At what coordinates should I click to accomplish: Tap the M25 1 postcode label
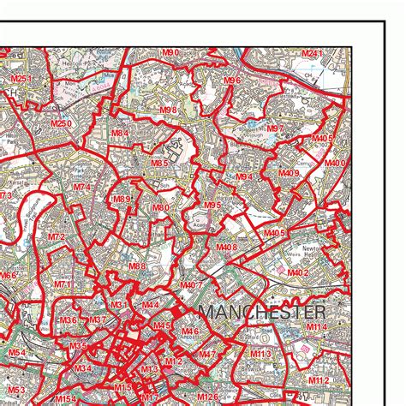coord(21,80)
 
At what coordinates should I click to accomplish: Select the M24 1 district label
coord(313,54)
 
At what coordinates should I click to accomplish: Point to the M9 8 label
coord(168,110)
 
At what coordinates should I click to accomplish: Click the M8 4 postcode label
coord(119,134)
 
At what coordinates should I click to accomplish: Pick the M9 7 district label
coord(276,128)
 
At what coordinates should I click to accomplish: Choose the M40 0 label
coord(335,163)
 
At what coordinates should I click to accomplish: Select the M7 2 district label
coord(57,236)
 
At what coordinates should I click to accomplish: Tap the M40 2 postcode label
coord(297,272)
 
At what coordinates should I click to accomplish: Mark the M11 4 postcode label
coord(318,327)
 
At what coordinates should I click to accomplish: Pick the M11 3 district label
coord(260,353)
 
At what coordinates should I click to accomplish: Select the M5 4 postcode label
coord(17,353)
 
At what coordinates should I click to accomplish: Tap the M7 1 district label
coord(64,284)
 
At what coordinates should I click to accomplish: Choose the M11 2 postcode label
coord(318,379)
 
